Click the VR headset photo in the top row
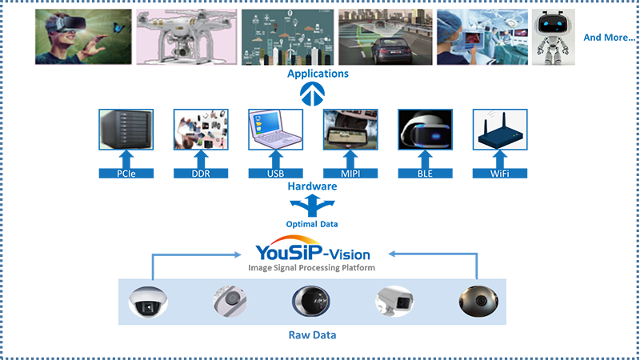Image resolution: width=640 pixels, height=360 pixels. (85, 37)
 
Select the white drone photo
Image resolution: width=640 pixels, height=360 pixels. (184, 37)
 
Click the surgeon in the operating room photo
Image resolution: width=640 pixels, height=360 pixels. (481, 37)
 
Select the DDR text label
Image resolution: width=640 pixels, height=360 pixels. (201, 172)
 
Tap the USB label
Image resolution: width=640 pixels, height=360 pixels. (275, 172)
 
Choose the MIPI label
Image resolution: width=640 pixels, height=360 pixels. (350, 172)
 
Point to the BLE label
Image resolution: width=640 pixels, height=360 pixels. (425, 172)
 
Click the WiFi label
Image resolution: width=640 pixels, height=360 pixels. (498, 172)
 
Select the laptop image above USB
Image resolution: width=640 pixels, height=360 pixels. (275, 129)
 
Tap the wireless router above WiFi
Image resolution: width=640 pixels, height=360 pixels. (499, 130)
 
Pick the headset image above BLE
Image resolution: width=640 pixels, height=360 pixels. (425, 130)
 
